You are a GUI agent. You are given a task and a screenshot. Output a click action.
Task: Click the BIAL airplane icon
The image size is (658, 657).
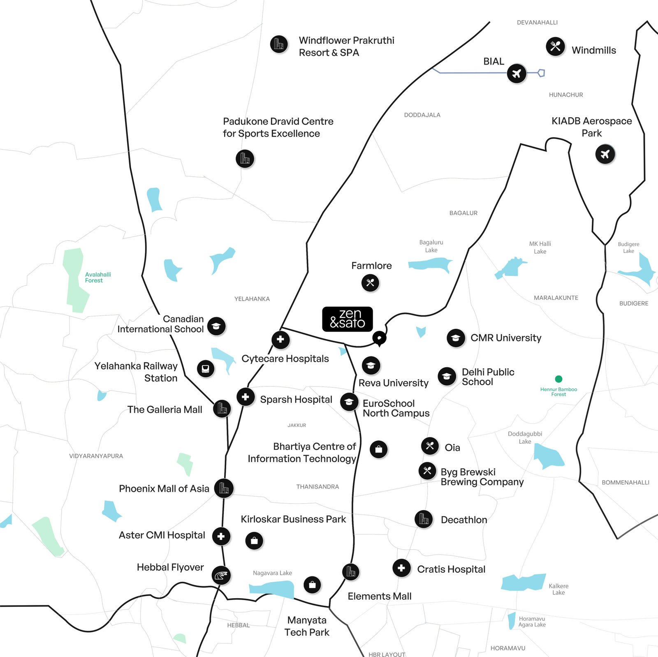517,74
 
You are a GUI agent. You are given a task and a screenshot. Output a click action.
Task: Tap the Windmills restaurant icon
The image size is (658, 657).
555,46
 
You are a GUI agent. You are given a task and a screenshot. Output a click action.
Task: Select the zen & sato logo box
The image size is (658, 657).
348,319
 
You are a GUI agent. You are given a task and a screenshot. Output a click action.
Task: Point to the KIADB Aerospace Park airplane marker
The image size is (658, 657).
605,154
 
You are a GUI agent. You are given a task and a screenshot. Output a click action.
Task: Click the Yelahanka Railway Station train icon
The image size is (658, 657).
206,368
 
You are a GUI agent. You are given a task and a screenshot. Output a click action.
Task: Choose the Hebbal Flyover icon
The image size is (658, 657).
221,575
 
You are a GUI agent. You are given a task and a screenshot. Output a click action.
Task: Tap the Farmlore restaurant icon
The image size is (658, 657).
370,283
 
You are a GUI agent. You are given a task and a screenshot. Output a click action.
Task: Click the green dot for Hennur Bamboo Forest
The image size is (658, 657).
558,379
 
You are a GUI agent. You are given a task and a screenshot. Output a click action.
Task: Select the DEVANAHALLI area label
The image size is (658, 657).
537,23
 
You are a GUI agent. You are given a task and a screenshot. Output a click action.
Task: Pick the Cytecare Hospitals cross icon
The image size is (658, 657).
280,340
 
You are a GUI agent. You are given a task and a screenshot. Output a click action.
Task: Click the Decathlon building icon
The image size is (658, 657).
424,519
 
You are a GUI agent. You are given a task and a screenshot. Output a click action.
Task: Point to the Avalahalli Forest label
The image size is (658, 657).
97,278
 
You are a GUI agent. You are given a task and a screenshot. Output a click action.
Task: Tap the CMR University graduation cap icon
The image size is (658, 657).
456,338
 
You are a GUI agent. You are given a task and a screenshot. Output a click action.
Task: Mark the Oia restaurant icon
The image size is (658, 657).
430,446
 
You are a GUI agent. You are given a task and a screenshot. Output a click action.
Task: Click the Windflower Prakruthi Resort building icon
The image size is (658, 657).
279,44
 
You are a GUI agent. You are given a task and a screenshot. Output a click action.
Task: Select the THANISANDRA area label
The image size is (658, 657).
317,487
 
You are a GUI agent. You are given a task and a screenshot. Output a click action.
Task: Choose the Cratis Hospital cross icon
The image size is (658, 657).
401,568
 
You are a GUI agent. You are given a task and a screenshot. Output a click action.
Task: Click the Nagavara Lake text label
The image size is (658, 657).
272,573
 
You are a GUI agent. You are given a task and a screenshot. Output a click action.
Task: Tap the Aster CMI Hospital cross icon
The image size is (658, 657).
221,536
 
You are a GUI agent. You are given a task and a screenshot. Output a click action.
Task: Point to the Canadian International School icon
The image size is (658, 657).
216,326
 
